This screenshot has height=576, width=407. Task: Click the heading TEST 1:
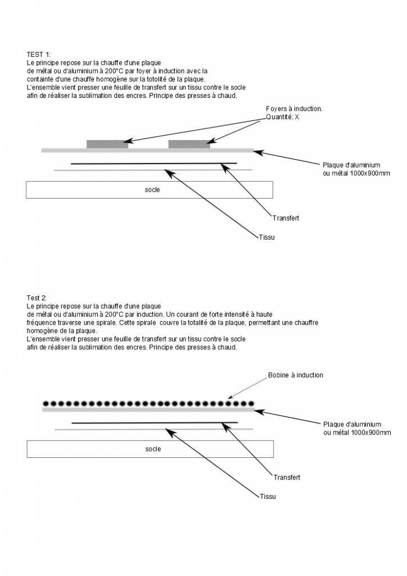[39, 55]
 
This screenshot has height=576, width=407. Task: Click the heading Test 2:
[38, 298]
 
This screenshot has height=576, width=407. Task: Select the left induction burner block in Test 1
[107, 144]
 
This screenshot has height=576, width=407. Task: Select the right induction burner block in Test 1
[189, 144]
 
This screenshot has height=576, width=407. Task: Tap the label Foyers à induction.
[293, 109]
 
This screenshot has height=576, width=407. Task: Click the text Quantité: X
[282, 117]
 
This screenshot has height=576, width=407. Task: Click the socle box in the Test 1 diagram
[150, 190]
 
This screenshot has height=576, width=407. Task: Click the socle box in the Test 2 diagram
[150, 449]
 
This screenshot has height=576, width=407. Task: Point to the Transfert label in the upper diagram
[286, 218]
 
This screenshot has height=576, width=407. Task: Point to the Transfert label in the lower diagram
[287, 478]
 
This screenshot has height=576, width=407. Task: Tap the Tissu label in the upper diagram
[266, 237]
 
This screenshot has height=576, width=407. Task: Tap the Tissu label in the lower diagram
[268, 497]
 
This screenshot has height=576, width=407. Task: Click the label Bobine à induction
[296, 375]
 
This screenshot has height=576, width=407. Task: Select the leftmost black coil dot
[46, 403]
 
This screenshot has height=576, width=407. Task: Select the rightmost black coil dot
[251, 403]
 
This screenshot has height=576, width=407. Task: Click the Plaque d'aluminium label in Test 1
[351, 165]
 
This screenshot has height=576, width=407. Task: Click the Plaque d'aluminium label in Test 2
[352, 424]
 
